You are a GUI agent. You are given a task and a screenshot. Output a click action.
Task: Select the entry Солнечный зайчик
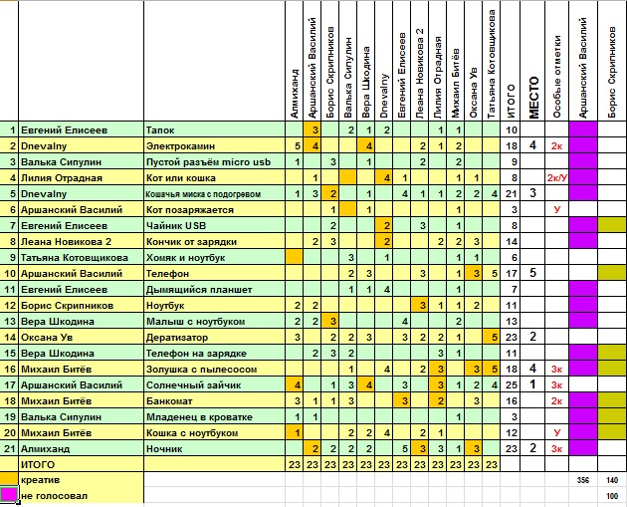(193, 385)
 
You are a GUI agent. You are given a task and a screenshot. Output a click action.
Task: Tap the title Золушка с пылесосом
(201, 370)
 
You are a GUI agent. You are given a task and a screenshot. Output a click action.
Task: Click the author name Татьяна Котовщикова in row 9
(75, 258)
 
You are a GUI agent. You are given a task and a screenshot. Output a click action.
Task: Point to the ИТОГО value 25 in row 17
(512, 385)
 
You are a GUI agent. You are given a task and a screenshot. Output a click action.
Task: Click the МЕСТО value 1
(532, 384)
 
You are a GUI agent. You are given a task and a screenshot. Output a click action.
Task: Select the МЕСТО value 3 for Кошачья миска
(532, 193)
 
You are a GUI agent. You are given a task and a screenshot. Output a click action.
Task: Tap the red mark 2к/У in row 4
(557, 178)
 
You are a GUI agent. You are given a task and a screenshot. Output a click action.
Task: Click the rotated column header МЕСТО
(533, 98)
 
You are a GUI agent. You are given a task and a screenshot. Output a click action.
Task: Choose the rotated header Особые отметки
(557, 77)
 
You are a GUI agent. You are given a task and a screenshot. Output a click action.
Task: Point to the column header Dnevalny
(384, 96)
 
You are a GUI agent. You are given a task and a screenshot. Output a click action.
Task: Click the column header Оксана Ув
(474, 93)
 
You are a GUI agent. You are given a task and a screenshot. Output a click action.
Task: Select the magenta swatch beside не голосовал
(9, 495)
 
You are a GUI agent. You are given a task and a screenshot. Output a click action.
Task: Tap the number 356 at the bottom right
(583, 480)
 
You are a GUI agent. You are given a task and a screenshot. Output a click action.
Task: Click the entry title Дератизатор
(177, 338)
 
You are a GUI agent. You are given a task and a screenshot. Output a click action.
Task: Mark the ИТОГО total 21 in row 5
(512, 193)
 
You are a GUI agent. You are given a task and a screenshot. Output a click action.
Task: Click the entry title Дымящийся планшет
(199, 290)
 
